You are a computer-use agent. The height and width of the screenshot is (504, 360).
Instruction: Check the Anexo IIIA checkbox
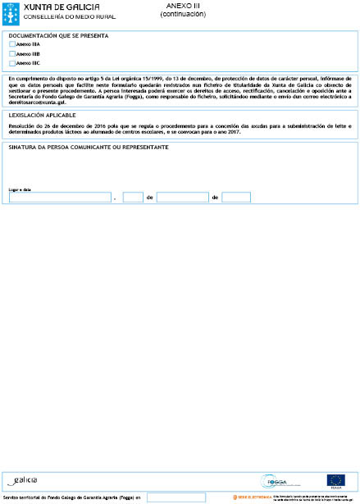click(11, 44)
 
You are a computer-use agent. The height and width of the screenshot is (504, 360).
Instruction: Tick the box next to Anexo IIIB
click(11, 53)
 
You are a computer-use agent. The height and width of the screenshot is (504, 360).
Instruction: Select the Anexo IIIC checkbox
click(11, 62)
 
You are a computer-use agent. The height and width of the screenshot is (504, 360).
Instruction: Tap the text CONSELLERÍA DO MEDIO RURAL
click(57, 16)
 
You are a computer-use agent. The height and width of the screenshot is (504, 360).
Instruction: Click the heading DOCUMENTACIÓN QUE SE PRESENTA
click(58, 36)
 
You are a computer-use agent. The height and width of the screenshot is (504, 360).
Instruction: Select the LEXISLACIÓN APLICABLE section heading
click(38, 116)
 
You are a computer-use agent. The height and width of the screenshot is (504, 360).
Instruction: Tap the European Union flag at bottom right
click(335, 480)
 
